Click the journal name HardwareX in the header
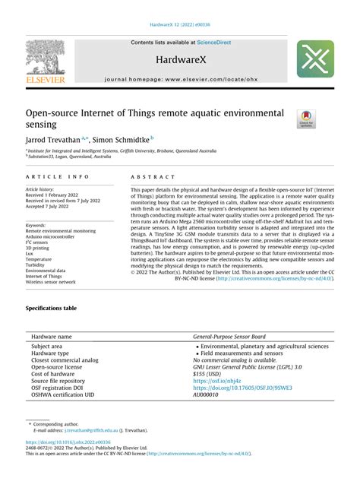(x=179, y=58)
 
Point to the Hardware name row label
(x=52, y=336)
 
